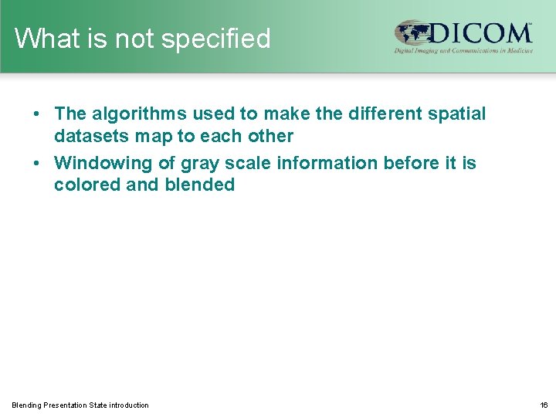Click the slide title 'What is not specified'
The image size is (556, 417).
pyautogui.click(x=143, y=39)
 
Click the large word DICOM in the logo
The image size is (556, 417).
pyautogui.click(x=480, y=33)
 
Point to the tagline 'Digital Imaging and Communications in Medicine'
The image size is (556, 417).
pyautogui.click(x=463, y=50)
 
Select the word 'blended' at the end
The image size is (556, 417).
pyautogui.click(x=200, y=185)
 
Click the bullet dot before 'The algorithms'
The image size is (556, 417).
pyautogui.click(x=37, y=115)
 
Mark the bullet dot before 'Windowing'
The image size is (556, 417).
pyautogui.click(x=37, y=164)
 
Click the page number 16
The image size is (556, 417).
pyautogui.click(x=544, y=405)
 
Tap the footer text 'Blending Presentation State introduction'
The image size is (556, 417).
pyautogui.click(x=80, y=405)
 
